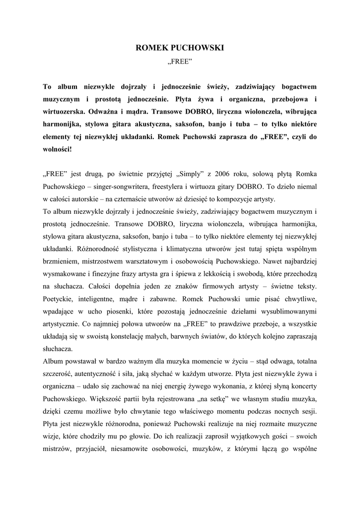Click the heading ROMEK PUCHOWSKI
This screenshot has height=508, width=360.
click(180, 48)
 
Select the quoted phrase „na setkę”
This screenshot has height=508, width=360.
click(210, 399)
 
